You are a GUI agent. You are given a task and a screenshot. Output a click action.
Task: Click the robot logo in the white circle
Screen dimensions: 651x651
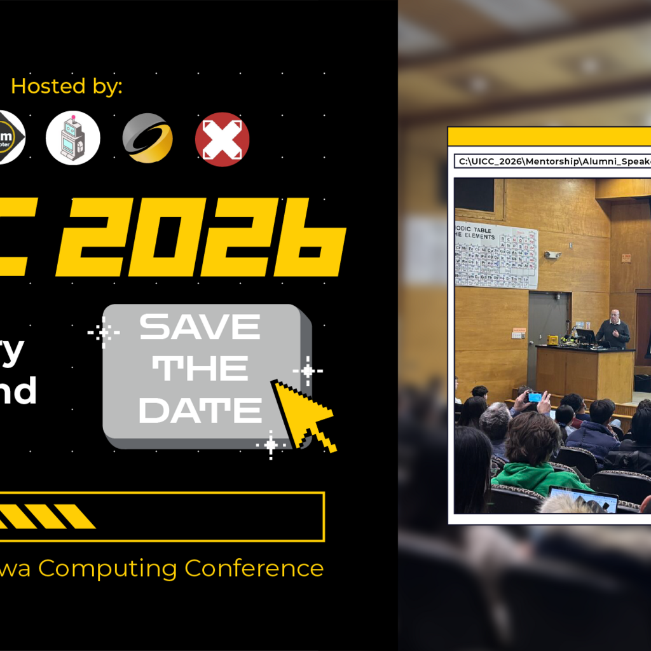(73, 139)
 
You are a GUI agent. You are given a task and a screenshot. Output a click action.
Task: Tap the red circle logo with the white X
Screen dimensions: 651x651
(222, 139)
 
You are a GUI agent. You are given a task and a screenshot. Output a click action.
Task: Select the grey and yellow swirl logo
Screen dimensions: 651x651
(147, 139)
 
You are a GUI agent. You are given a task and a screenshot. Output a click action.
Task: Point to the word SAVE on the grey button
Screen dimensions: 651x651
(200, 327)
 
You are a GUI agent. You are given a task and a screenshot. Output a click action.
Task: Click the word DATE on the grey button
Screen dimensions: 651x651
(200, 410)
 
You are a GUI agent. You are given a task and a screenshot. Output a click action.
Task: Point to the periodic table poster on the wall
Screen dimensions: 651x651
(497, 255)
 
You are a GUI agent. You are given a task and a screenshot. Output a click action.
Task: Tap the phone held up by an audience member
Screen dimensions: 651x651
(535, 397)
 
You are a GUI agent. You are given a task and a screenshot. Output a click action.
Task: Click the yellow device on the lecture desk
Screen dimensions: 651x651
(552, 340)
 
